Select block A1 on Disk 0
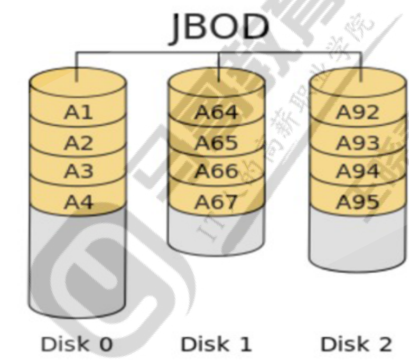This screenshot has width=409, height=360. pos(78,112)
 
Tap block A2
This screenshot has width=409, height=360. pos(78,142)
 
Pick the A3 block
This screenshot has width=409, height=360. pos(78,171)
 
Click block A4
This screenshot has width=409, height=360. pos(78,201)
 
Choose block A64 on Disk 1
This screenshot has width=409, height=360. pos(216,112)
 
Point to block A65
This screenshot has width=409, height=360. pos(216,142)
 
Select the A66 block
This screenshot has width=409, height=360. pos(216,171)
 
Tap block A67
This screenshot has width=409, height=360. pos(216,201)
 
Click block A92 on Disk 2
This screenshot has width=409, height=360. pos(358,112)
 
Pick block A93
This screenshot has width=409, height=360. pos(358,142)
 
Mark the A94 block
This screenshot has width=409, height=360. pos(358,171)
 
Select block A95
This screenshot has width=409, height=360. pos(358,201)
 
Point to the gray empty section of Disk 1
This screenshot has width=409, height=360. pos(216,227)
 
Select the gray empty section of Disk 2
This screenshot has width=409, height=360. pos(358,238)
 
